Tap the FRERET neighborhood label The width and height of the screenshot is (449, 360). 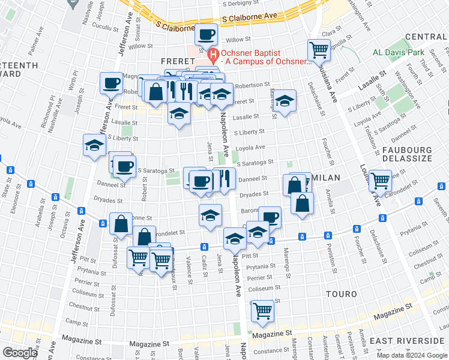(x=178, y=61)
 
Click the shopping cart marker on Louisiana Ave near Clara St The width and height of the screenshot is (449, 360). (x=319, y=49)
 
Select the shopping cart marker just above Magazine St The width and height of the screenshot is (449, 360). (x=262, y=310)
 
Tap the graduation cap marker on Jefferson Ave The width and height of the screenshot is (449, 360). (x=94, y=145)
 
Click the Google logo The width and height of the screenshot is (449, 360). (x=19, y=353)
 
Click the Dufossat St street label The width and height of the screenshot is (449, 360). (x=114, y=280)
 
